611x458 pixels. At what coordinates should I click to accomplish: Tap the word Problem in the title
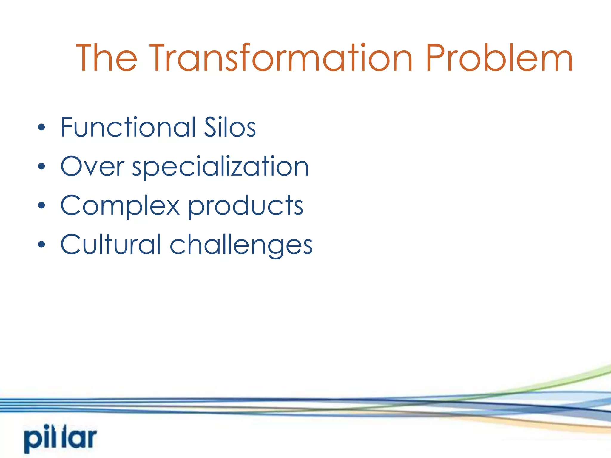499,58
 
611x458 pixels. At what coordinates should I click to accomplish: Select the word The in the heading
107,58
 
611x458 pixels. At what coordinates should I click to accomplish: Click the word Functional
128,127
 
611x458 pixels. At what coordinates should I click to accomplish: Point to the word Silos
230,127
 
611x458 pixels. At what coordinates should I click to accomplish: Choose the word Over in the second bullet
92,167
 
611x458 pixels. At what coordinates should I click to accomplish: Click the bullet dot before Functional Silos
42,128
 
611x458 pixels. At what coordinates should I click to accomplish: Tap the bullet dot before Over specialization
42,167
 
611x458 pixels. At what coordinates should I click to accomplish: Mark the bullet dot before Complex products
42,205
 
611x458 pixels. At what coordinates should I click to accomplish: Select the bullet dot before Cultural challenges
42,245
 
